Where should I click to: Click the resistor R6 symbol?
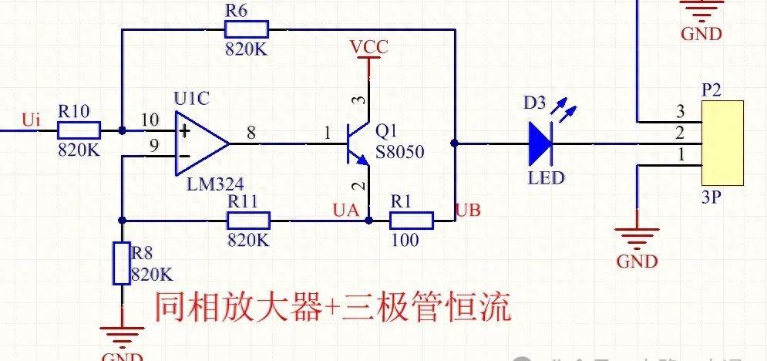[246, 30]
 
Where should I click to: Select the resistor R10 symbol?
[79, 130]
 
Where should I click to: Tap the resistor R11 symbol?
[249, 221]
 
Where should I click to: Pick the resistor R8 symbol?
[122, 263]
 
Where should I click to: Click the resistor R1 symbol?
[412, 221]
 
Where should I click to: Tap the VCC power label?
[369, 47]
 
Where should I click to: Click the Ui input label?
[31, 120]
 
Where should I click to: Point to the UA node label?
[345, 209]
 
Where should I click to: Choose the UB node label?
[470, 210]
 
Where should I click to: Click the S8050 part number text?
[400, 152]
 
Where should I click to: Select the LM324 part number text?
[215, 184]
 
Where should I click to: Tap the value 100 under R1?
[405, 240]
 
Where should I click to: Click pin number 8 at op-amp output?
[251, 132]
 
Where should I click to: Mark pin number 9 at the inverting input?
[153, 143]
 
